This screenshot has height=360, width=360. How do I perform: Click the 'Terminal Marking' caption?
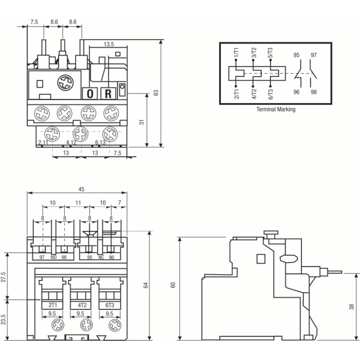click(x=275, y=110)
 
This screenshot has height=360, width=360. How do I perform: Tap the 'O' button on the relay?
click(x=90, y=93)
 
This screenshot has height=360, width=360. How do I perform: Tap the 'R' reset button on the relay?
click(x=108, y=93)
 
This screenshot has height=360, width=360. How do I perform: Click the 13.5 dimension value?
click(x=109, y=44)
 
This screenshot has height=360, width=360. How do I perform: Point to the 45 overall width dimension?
click(x=81, y=189)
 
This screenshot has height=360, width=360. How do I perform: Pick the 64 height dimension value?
click(x=145, y=285)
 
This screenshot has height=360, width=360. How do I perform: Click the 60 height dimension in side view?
click(x=173, y=285)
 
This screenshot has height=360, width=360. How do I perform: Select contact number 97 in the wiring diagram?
click(x=313, y=55)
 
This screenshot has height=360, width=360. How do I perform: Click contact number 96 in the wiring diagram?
click(x=296, y=92)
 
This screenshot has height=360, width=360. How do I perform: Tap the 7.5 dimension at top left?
click(x=34, y=21)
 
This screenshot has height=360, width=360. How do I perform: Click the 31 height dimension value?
click(x=142, y=122)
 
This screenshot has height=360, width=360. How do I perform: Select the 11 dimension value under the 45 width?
click(x=79, y=203)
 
